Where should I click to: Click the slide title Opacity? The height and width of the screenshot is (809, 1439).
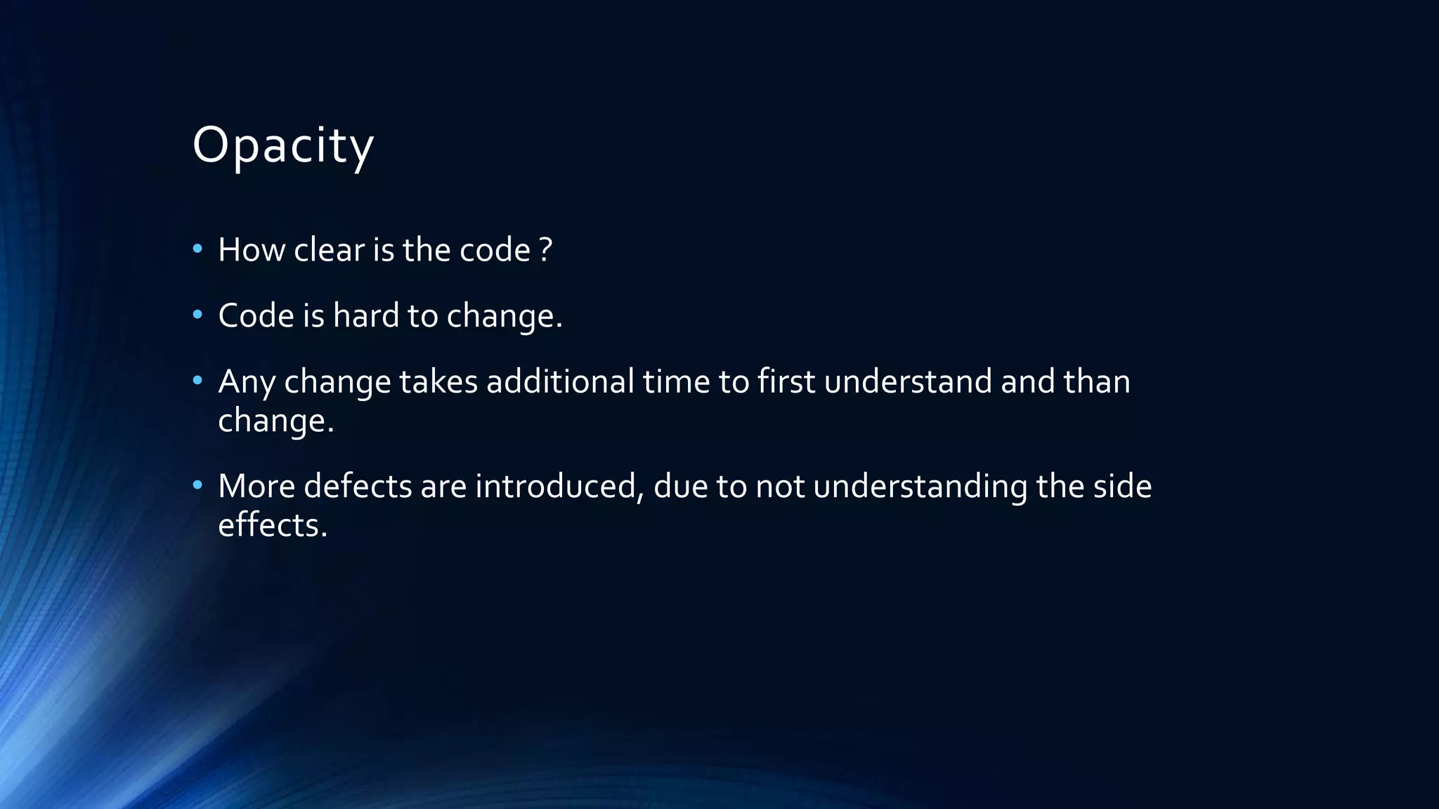[x=282, y=146]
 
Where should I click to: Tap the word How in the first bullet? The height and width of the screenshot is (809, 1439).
[x=252, y=250]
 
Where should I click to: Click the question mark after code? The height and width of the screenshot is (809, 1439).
[x=546, y=250]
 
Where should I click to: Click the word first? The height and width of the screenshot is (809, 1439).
[x=786, y=381]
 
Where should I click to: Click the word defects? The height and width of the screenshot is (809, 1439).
[x=358, y=486]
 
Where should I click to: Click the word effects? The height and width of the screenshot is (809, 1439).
[x=273, y=525]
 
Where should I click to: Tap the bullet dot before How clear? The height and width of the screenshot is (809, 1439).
[x=197, y=249]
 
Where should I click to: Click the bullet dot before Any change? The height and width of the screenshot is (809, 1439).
[x=197, y=380]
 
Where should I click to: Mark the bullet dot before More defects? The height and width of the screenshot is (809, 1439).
[x=197, y=485]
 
